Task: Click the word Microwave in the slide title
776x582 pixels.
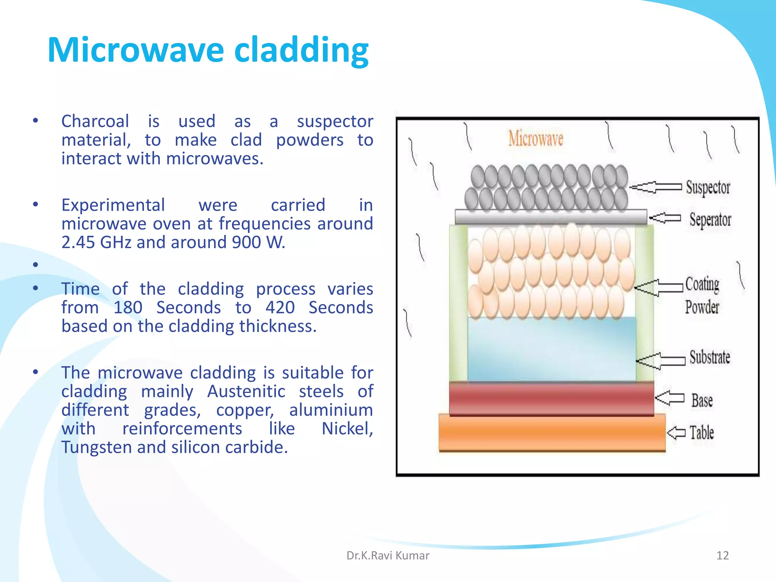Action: click(x=136, y=50)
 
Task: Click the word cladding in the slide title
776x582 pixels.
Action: click(x=301, y=50)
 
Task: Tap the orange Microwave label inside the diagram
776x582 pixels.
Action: click(x=535, y=139)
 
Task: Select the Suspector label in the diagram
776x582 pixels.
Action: click(x=708, y=187)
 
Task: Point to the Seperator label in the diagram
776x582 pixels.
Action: click(x=710, y=220)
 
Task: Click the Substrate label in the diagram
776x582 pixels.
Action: click(x=709, y=357)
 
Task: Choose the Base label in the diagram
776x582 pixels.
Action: click(x=702, y=401)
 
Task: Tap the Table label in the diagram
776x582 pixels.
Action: click(x=701, y=432)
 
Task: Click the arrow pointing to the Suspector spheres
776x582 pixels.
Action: click(x=656, y=187)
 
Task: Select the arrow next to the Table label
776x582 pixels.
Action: click(x=676, y=432)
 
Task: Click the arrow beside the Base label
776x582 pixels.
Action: click(x=670, y=398)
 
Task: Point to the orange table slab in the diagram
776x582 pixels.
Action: click(x=552, y=432)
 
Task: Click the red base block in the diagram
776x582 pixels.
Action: click(x=551, y=399)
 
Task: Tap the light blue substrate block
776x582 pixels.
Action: click(x=551, y=349)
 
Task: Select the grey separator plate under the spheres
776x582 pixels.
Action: click(x=551, y=217)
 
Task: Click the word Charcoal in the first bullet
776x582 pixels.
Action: click(x=95, y=121)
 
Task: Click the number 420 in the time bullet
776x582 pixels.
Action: click(x=280, y=307)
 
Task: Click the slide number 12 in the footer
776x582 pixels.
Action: click(x=722, y=555)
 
